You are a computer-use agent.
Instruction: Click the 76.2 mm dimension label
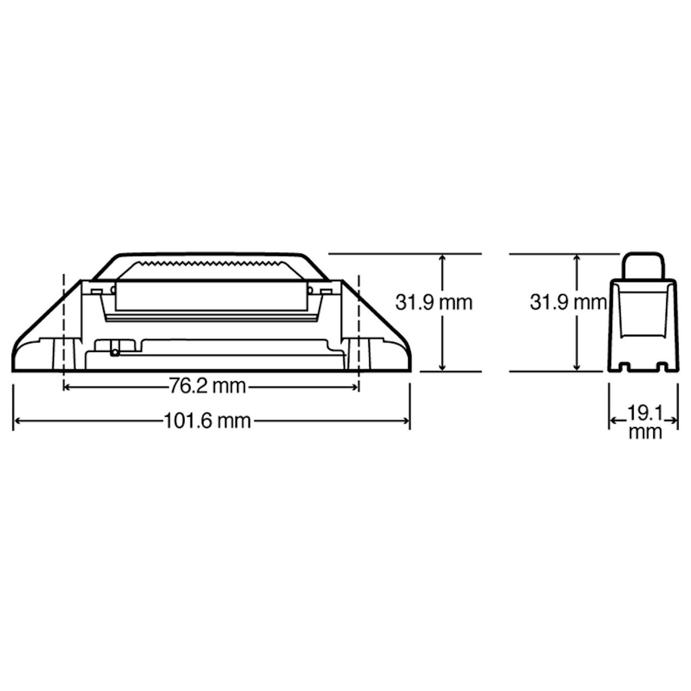tap(207, 387)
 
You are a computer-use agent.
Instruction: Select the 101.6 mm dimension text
tap(207, 421)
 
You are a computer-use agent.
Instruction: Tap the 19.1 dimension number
tap(645, 414)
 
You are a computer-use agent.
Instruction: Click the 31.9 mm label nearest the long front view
tap(434, 313)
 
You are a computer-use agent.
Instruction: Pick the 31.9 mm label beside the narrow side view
tap(568, 313)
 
